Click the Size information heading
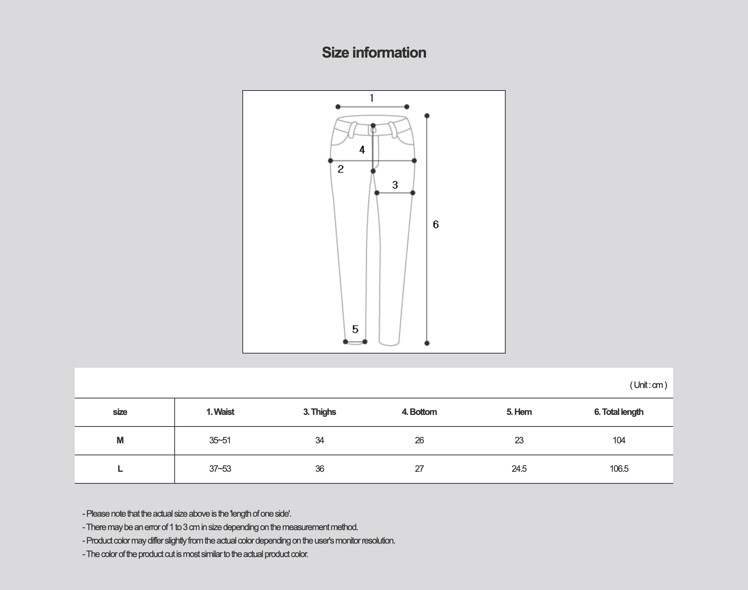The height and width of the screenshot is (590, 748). [x=374, y=53]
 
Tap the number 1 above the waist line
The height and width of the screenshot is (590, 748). [x=371, y=98]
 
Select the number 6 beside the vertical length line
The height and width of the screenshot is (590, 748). [x=436, y=224]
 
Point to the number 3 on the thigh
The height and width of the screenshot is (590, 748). [x=395, y=185]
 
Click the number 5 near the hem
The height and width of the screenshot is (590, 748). [x=355, y=329]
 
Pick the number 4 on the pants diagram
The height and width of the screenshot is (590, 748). [x=362, y=150]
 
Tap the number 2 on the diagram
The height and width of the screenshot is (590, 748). [x=340, y=169]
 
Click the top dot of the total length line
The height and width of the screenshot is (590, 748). [x=427, y=116]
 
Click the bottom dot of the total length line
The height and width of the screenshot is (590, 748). [x=427, y=343]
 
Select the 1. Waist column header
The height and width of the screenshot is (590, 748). [x=220, y=412]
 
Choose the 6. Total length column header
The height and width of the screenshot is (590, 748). [x=619, y=412]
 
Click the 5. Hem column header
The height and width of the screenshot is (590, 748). [x=519, y=412]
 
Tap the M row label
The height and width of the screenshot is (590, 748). [x=120, y=440]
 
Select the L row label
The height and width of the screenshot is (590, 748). [x=120, y=469]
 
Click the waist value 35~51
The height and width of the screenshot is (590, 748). [x=220, y=440]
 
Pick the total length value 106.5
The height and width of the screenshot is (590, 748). [x=619, y=469]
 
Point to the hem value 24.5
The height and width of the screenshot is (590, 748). [x=519, y=469]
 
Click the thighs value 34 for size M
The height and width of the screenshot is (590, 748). [x=319, y=440]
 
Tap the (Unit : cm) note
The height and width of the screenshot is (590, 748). [x=648, y=385]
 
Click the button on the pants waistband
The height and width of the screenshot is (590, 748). [x=373, y=130]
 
